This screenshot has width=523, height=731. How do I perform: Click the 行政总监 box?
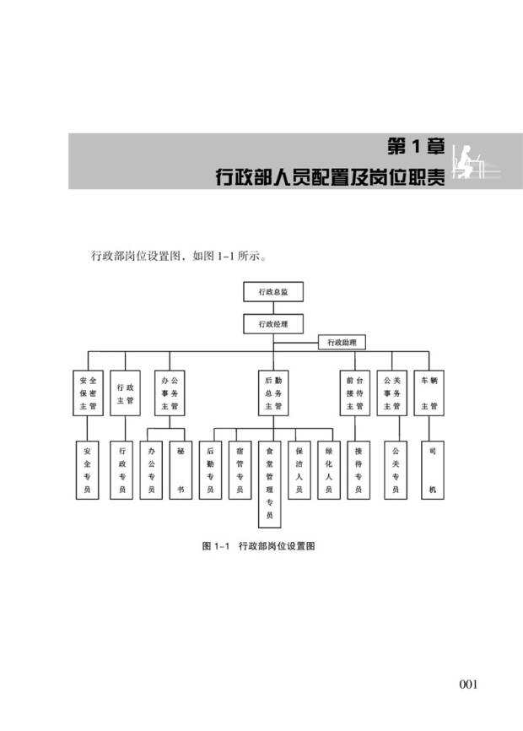[x=272, y=292]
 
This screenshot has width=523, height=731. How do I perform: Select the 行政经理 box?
[x=272, y=323]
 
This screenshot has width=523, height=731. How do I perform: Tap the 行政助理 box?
[x=342, y=343]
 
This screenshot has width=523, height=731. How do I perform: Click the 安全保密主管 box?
[x=88, y=393]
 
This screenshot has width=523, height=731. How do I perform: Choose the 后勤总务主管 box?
[x=272, y=393]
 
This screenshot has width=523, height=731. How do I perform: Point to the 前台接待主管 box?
[x=354, y=393]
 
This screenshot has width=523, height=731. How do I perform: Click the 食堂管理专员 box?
[x=270, y=484]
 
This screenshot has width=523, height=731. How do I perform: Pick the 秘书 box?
[x=180, y=470]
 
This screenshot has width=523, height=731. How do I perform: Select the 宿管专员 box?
[x=240, y=470]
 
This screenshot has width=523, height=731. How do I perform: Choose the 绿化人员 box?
[x=329, y=470]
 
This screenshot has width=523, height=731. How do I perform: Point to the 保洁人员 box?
[x=299, y=470]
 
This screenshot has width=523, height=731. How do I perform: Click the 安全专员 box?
[x=88, y=470]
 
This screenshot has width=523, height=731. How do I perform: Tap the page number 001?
[x=468, y=684]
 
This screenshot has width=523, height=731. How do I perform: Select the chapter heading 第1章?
[x=416, y=147]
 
